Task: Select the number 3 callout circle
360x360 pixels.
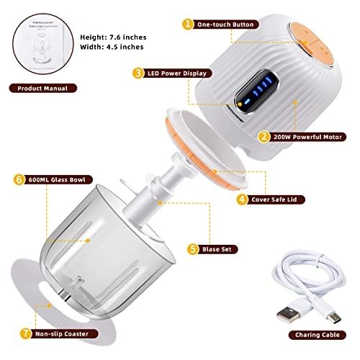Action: pos(136,73)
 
